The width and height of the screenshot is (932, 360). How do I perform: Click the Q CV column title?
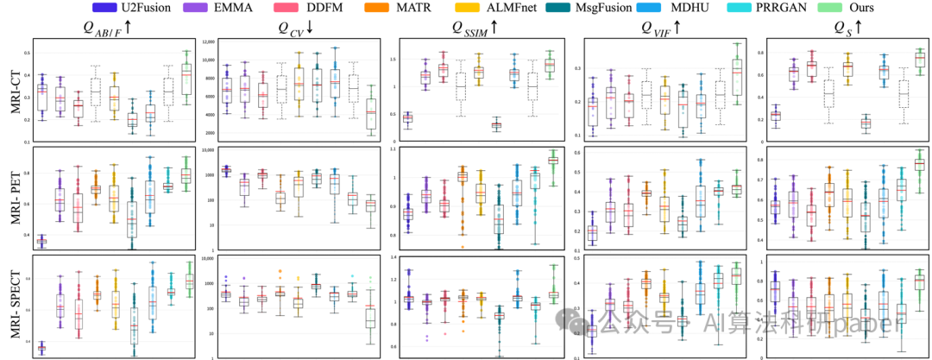click(299, 28)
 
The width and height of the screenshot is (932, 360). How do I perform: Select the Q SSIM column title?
click(475, 28)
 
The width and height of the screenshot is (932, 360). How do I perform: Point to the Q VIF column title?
click(662, 28)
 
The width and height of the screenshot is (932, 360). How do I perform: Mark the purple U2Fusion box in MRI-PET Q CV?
click(227, 171)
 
